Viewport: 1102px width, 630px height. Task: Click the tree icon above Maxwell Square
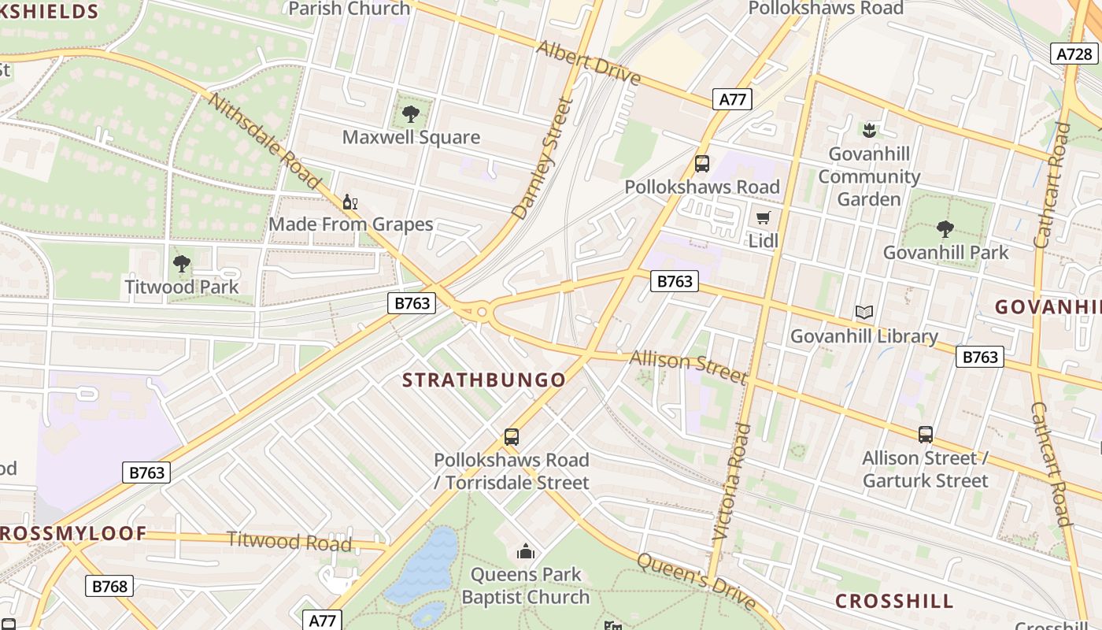pos(410,114)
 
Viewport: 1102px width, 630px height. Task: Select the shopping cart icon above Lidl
pos(763,217)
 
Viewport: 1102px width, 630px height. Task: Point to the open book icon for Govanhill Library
pos(864,313)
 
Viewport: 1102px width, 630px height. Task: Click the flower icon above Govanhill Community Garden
pos(869,129)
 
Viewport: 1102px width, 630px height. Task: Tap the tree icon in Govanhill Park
pos(945,229)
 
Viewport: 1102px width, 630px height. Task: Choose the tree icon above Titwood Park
pos(182,264)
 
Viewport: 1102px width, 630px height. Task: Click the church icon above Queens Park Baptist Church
pos(526,551)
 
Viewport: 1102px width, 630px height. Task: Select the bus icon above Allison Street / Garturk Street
pos(926,434)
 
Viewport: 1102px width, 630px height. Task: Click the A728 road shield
pos(1074,54)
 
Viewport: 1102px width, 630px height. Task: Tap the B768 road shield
pos(109,586)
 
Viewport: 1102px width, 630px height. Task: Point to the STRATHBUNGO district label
pos(484,380)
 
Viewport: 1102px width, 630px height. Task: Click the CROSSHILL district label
pos(894,602)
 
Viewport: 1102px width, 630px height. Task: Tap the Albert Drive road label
pos(589,62)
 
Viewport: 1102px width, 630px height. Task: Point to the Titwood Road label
pos(289,541)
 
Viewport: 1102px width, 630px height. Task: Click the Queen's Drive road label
pos(696,581)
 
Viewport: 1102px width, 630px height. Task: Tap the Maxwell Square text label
pos(411,137)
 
